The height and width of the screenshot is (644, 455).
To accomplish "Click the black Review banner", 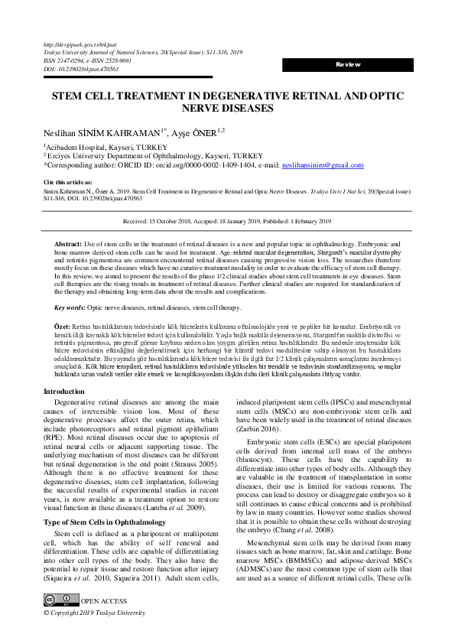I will (348, 65).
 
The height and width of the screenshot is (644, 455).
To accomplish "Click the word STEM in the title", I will (50, 99).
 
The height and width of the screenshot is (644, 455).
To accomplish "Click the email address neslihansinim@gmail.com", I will (299, 165).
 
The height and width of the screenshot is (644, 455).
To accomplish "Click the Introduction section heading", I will (64, 391).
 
